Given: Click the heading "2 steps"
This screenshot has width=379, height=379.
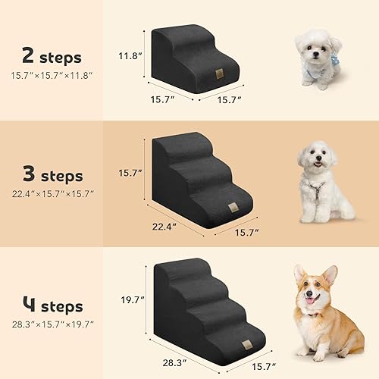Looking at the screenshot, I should pyautogui.click(x=52, y=58).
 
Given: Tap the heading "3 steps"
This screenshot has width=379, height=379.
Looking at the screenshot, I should pyautogui.click(x=52, y=176).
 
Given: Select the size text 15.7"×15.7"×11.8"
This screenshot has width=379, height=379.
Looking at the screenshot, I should pyautogui.click(x=52, y=75).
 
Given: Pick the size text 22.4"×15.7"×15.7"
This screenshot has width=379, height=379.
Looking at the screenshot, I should pyautogui.click(x=52, y=194).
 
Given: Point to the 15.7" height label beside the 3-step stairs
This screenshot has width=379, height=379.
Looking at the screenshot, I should pyautogui.click(x=131, y=173).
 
